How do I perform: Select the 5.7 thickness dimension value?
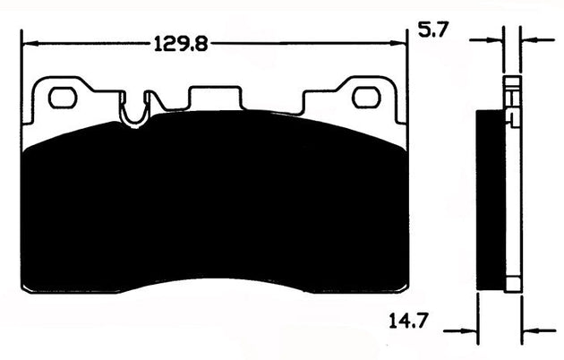(x=433, y=30)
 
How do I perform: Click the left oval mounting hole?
(x=62, y=98)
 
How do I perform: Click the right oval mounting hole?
(x=364, y=98)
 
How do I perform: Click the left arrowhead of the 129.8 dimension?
(x=29, y=43)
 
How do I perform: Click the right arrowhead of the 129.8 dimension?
(x=399, y=43)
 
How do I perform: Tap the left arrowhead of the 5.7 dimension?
(x=495, y=40)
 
